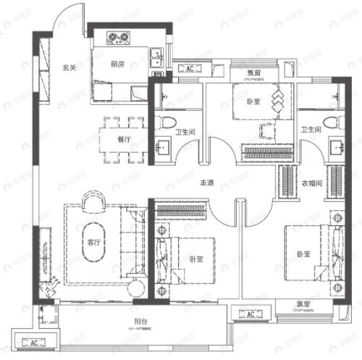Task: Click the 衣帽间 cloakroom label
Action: coord(311,183)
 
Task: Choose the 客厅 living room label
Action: coord(93,242)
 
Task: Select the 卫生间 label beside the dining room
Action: coord(186,132)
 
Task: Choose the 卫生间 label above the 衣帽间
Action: coord(311,130)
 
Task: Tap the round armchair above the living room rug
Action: coord(92,200)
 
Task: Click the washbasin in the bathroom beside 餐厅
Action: coord(161,146)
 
